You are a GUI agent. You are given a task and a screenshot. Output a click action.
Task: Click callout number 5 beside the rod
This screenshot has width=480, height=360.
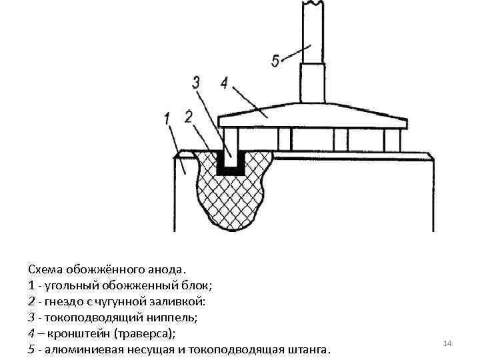[x=275, y=61]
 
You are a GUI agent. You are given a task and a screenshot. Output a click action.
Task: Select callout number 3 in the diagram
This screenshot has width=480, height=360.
[x=196, y=83]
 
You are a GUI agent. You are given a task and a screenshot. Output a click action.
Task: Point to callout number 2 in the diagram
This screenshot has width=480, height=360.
[x=189, y=116]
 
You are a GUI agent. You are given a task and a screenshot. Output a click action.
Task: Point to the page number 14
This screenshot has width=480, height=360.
[x=447, y=343]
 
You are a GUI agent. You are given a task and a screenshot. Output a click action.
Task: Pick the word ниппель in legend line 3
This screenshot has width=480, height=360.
[x=158, y=317]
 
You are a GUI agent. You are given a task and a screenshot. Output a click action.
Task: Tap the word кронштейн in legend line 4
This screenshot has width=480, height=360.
[x=79, y=333]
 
